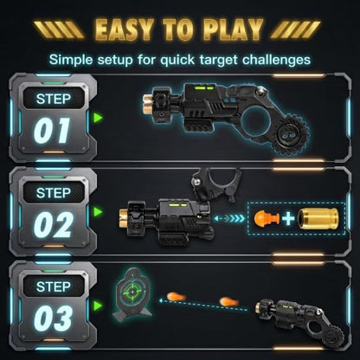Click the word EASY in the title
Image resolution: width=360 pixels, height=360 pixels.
coord(124,29)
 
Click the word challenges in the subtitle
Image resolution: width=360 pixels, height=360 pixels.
coord(277,60)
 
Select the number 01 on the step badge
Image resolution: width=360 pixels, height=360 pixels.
coord(52,131)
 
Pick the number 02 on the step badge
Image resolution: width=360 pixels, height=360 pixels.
coord(53,224)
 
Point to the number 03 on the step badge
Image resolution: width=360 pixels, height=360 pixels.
coord(53,318)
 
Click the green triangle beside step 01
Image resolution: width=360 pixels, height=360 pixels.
coord(98,118)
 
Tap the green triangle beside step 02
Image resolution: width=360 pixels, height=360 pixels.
coord(98,212)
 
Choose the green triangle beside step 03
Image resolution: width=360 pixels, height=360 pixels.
coord(98,305)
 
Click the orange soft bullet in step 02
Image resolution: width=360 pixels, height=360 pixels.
coord(267,218)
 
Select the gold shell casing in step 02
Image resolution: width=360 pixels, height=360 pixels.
coord(318,219)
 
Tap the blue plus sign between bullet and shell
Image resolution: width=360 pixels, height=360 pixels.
coord(288,219)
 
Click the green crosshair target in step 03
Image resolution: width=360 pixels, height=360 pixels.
coord(132,292)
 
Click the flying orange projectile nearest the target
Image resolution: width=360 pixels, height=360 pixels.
coord(176,297)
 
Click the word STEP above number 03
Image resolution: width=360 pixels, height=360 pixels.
coord(54,286)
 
